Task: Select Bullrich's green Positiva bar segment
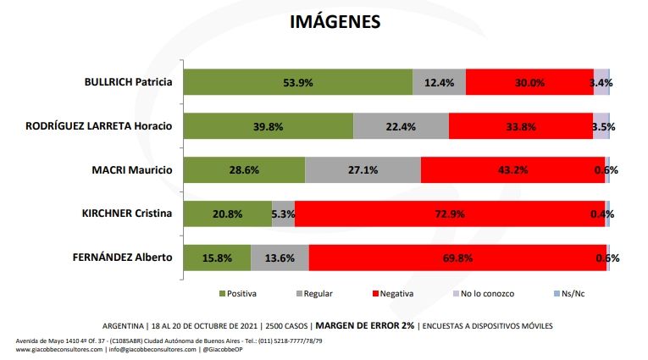[298, 82]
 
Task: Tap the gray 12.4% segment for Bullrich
[439, 82]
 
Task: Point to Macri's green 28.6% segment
[244, 169]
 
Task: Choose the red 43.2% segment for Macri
[512, 169]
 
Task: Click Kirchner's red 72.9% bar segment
[450, 213]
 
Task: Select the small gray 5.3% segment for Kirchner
[284, 213]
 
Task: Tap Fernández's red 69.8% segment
[457, 257]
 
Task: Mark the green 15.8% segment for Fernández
[217, 257]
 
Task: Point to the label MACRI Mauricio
[133, 169]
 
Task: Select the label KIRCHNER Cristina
[126, 213]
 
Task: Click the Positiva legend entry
[238, 294]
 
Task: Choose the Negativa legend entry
[389, 294]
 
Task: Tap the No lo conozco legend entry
[484, 294]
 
